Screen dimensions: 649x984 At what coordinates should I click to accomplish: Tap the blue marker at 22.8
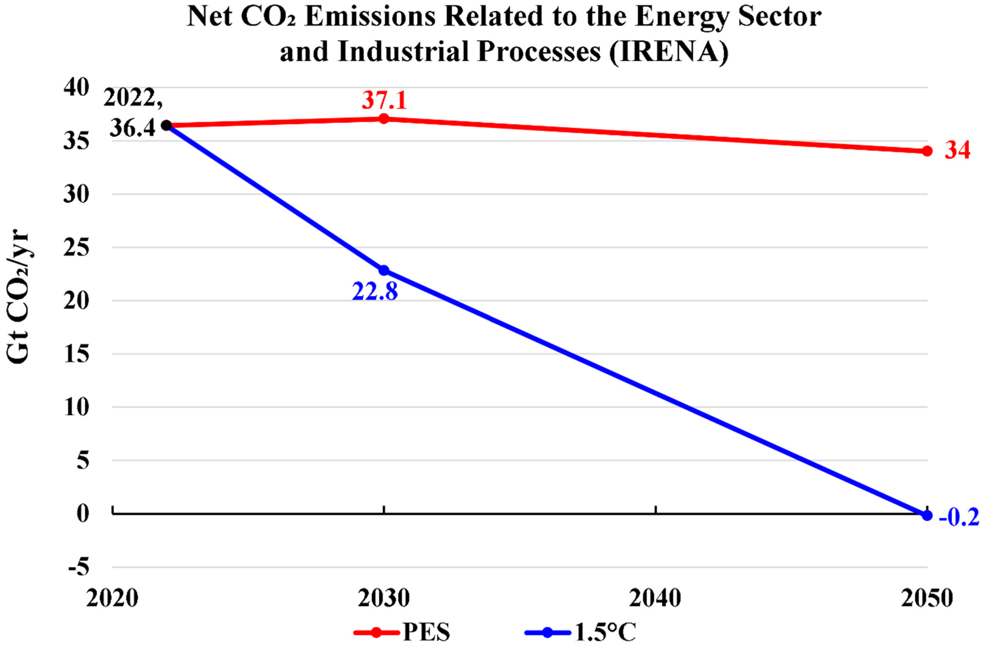(x=384, y=270)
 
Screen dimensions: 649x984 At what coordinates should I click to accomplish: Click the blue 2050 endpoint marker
(x=927, y=515)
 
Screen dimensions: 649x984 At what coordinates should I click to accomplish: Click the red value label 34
(x=957, y=151)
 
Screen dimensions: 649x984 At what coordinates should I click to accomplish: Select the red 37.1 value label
(x=384, y=100)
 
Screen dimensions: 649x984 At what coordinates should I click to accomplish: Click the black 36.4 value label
(x=133, y=129)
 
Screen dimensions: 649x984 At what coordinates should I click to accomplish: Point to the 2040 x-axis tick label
(x=655, y=598)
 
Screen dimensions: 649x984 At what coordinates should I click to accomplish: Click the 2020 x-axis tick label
(x=112, y=598)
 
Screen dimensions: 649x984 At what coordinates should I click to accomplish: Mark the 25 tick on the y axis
(x=76, y=247)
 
